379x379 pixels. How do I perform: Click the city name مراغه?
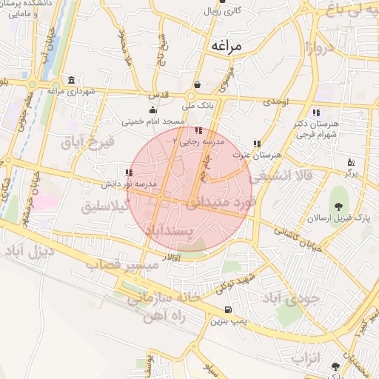[x=227, y=45]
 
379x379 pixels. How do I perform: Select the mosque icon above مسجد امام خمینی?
[x=153, y=110]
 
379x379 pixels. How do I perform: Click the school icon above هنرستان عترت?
[x=256, y=144]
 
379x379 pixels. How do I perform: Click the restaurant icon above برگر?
[x=351, y=161]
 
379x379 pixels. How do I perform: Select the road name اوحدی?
[x=275, y=101]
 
